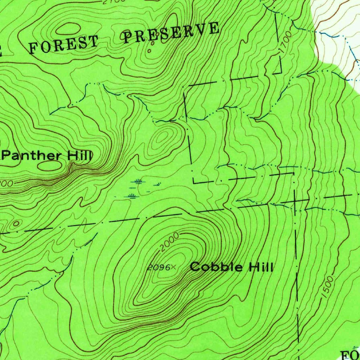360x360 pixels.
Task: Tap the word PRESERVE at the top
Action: (x=171, y=33)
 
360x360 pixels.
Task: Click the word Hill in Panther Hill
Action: (x=80, y=155)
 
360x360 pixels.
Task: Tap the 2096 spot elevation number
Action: (x=158, y=268)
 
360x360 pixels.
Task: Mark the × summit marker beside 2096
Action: (x=174, y=268)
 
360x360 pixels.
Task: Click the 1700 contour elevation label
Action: (x=286, y=43)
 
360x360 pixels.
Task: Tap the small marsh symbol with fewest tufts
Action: (x=158, y=184)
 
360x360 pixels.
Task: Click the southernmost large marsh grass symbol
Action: (x=132, y=195)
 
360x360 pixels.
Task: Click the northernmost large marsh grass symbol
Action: (x=139, y=181)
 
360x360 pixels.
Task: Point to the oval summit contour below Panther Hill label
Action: (x=49, y=166)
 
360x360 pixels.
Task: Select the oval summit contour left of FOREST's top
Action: (x=68, y=28)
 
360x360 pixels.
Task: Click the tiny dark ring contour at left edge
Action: (x=16, y=223)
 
